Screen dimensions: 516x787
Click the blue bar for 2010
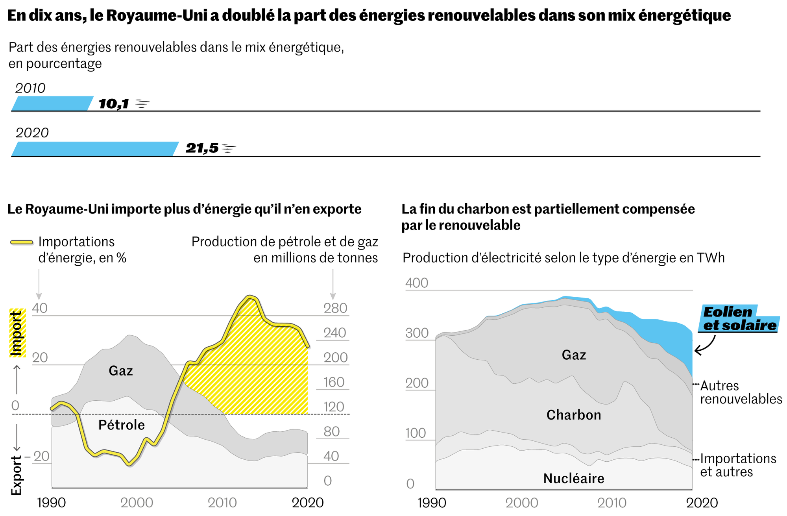pyautogui.click(x=52, y=104)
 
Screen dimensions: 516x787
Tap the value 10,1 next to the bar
pyautogui.click(x=114, y=104)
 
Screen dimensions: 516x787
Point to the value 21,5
pyautogui.click(x=202, y=148)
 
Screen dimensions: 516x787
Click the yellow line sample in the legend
pyautogui.click(x=22, y=242)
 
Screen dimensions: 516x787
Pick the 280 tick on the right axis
pyautogui.click(x=335, y=308)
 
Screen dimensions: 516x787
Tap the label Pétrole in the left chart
pyautogui.click(x=122, y=425)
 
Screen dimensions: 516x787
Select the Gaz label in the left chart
pyautogui.click(x=121, y=371)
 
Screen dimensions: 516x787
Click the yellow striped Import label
pyautogui.click(x=17, y=333)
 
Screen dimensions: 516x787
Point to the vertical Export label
pyautogui.click(x=16, y=475)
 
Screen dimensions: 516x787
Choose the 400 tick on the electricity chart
pyautogui.click(x=417, y=283)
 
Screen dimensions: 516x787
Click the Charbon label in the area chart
pyautogui.click(x=574, y=415)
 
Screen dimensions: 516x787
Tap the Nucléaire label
pyautogui.click(x=574, y=479)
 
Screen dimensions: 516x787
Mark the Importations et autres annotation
pyautogui.click(x=738, y=465)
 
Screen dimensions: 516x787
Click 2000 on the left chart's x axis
pyautogui.click(x=137, y=503)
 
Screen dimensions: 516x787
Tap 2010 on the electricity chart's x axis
pyautogui.click(x=612, y=503)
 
